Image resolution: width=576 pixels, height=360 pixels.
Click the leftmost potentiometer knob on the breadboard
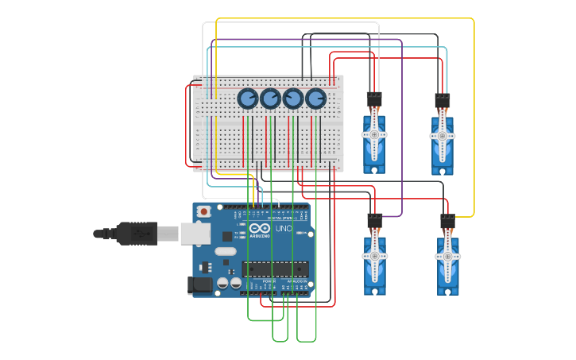pyautogui.click(x=248, y=99)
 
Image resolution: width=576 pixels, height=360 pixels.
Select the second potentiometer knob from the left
pyautogui.click(x=271, y=99)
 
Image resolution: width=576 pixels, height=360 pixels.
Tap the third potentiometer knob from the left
pyautogui.click(x=293, y=99)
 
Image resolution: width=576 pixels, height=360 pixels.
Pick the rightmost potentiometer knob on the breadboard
pyautogui.click(x=316, y=99)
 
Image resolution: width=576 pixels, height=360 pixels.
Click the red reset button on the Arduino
pyautogui.click(x=204, y=211)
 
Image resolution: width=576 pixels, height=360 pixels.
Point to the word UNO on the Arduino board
pyautogui.click(x=284, y=229)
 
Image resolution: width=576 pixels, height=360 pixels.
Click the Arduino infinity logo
pyautogui.click(x=259, y=228)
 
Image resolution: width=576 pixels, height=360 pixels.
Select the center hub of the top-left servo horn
pyautogui.click(x=373, y=134)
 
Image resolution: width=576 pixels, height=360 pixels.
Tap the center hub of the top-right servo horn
pyautogui.click(x=443, y=136)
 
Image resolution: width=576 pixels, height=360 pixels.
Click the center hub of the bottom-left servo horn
pyautogui.click(x=375, y=256)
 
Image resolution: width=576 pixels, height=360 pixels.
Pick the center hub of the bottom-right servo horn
pyautogui.click(x=447, y=257)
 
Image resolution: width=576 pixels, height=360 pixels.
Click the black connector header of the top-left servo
pyautogui.click(x=373, y=99)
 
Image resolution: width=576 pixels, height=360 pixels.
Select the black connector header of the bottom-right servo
pyautogui.click(x=448, y=221)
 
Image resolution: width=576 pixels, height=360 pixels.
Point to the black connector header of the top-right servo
pyautogui.click(x=443, y=101)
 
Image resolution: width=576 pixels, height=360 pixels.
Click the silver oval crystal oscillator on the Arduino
pyautogui.click(x=225, y=252)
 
